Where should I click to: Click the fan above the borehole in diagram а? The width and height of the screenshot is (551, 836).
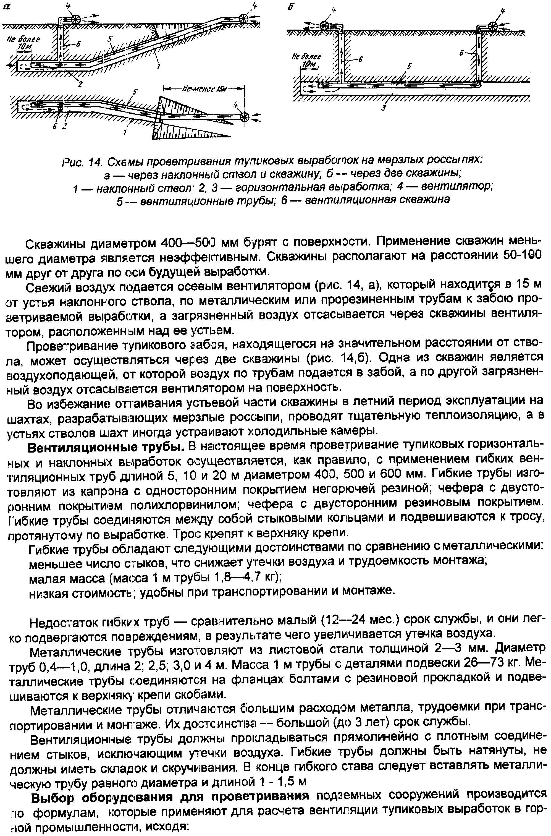(75, 19)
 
